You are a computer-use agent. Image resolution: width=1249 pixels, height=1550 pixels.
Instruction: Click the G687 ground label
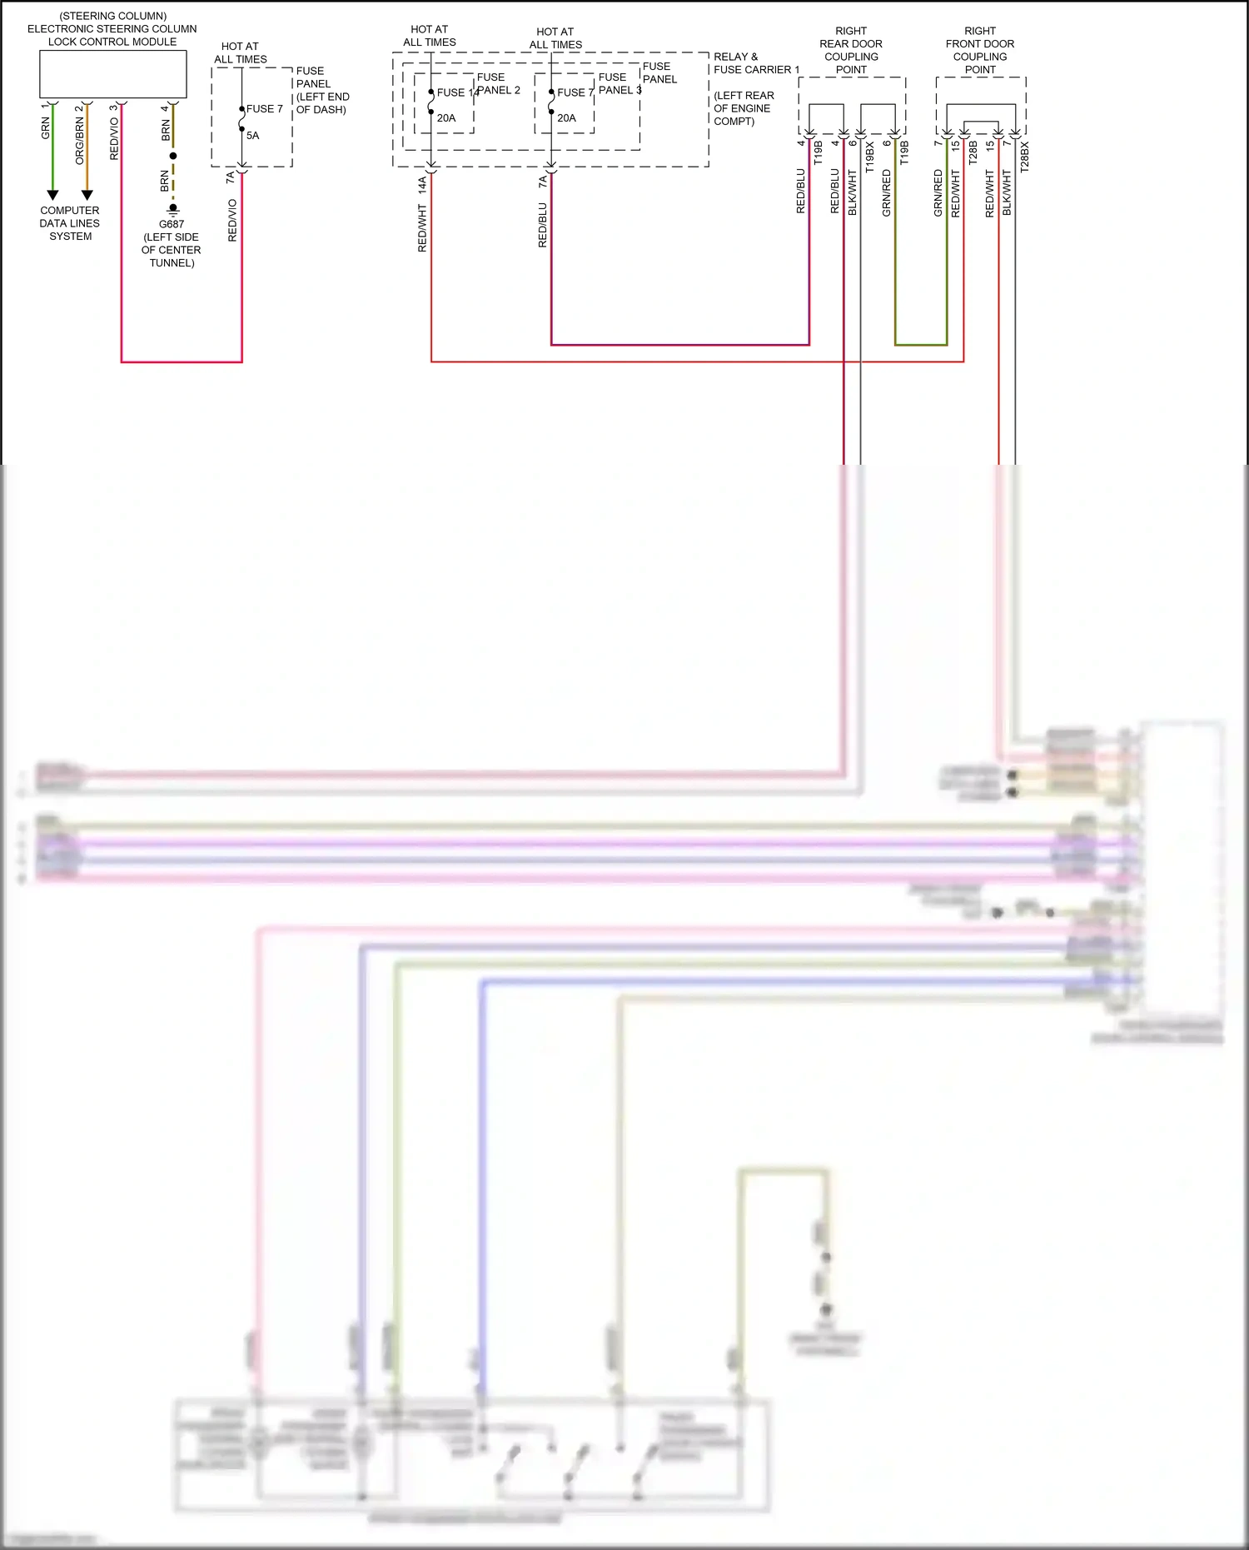[172, 224]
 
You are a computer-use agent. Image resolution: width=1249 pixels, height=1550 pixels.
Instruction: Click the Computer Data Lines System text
[70, 223]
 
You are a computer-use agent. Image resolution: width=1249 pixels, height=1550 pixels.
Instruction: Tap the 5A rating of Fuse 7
[253, 136]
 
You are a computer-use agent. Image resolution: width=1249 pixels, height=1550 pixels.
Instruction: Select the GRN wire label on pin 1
[46, 128]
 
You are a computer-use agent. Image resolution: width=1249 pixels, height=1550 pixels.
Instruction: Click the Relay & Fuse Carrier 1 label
[755, 63]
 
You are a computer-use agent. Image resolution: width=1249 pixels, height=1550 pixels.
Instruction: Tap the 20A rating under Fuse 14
[446, 118]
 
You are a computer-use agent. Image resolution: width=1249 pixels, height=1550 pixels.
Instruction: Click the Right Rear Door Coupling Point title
[851, 50]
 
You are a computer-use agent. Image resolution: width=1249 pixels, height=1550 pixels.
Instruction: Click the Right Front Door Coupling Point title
[980, 50]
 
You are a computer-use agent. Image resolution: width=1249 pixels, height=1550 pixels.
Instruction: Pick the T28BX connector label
[1025, 157]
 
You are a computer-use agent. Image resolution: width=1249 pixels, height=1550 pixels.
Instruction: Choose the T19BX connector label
[870, 157]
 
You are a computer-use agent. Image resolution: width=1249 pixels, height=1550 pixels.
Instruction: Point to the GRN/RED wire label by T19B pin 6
[887, 193]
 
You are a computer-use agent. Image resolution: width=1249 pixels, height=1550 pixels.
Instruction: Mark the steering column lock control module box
[113, 74]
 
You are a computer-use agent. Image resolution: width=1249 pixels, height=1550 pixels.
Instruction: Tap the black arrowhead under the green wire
[52, 196]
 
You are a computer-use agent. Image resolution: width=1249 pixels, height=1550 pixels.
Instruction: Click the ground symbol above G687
[173, 210]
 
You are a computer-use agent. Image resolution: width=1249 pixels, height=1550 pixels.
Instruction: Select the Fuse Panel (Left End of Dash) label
[321, 90]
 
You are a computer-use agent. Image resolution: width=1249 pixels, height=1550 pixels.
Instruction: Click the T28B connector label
[973, 152]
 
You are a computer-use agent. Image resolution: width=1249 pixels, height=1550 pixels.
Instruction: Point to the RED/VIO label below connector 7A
[232, 221]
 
